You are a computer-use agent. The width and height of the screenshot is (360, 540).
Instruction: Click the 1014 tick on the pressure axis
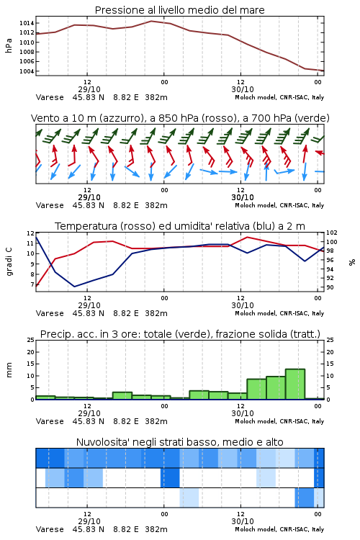(27, 23)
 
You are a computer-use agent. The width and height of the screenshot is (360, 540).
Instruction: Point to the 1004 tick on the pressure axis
(27, 71)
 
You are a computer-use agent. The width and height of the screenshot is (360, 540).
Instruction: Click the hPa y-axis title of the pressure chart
(9, 46)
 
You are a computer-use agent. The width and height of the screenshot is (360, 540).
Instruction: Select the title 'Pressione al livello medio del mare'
(180, 10)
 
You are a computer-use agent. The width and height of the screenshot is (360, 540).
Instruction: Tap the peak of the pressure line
(151, 21)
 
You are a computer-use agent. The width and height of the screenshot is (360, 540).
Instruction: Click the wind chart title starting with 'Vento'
(180, 118)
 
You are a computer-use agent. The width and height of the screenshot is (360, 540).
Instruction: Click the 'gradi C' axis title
(9, 262)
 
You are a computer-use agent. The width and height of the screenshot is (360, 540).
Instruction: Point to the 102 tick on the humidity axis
(332, 233)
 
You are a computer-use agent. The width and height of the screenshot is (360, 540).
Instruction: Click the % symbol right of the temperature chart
(352, 262)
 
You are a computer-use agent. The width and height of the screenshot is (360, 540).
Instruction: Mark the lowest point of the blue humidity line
(74, 287)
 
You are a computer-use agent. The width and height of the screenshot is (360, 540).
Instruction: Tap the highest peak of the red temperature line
(247, 237)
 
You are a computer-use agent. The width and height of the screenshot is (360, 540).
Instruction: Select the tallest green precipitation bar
(295, 384)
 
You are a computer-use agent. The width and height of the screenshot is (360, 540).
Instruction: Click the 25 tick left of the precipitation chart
(31, 340)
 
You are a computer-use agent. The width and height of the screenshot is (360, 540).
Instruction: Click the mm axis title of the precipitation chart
(9, 370)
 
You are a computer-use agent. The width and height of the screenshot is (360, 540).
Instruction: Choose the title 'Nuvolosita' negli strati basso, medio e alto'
(180, 442)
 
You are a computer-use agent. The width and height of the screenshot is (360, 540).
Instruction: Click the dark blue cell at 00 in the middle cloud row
(170, 477)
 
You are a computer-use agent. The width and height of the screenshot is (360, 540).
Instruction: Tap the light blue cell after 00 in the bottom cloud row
(189, 498)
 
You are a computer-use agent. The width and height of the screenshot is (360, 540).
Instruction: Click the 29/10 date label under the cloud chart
(89, 521)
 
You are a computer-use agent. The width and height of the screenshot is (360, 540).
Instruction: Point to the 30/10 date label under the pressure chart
(243, 89)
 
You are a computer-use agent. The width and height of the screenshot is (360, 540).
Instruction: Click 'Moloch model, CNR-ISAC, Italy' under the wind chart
(279, 205)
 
